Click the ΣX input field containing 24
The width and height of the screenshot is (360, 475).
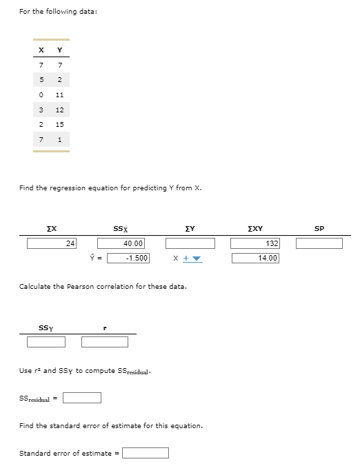click(52, 243)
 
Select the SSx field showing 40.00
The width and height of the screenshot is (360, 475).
click(121, 243)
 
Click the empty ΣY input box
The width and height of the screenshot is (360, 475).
click(190, 243)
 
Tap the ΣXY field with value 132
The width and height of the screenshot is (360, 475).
click(254, 243)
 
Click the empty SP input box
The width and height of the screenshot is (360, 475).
click(319, 243)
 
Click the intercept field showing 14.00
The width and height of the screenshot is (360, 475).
click(254, 258)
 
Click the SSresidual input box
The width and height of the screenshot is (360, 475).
click(82, 397)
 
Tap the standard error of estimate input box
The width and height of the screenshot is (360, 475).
click(146, 453)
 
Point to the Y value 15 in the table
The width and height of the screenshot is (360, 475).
click(60, 125)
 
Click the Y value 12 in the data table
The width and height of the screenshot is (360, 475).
click(60, 110)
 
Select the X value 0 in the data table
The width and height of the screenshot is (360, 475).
click(42, 94)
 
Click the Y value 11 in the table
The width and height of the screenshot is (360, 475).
click(60, 94)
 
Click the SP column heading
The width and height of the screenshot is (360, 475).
click(319, 228)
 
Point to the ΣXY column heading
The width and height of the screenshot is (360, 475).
click(254, 228)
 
